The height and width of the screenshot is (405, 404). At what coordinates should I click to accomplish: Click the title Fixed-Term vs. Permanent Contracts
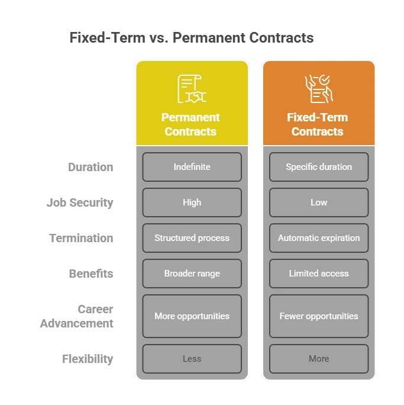pos(191,38)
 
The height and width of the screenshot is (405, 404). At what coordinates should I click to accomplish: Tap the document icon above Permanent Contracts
pos(192,89)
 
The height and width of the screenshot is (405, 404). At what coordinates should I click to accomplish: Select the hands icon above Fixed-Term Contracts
pos(319,89)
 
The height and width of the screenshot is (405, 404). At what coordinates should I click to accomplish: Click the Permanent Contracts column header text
pos(192,124)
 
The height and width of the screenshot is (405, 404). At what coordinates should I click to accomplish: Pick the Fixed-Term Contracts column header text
pos(318,124)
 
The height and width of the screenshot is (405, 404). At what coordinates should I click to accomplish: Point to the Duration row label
pos(91,167)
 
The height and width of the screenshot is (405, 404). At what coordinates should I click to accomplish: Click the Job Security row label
pos(80,202)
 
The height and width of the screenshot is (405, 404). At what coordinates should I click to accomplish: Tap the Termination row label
pos(81,238)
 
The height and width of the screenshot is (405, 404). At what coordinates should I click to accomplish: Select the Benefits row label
pos(91,274)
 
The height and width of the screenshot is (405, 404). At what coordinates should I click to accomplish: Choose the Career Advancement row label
pos(77,316)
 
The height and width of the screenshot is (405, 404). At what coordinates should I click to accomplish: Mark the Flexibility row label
pos(88,359)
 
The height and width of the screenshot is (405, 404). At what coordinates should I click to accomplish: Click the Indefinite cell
pos(192,167)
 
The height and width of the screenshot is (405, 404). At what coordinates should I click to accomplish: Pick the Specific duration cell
pos(319,167)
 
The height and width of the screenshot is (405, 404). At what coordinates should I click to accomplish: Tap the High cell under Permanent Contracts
pos(192,202)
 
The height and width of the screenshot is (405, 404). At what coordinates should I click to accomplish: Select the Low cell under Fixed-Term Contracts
pos(319,202)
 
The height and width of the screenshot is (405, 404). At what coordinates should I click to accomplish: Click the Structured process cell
pos(192,238)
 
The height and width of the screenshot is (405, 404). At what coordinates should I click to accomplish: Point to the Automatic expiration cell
pos(319,238)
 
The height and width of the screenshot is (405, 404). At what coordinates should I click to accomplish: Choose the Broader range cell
pos(192,274)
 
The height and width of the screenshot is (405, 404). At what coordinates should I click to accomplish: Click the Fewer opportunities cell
pos(319,316)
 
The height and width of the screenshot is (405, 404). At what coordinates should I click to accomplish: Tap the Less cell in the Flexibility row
pos(192,359)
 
